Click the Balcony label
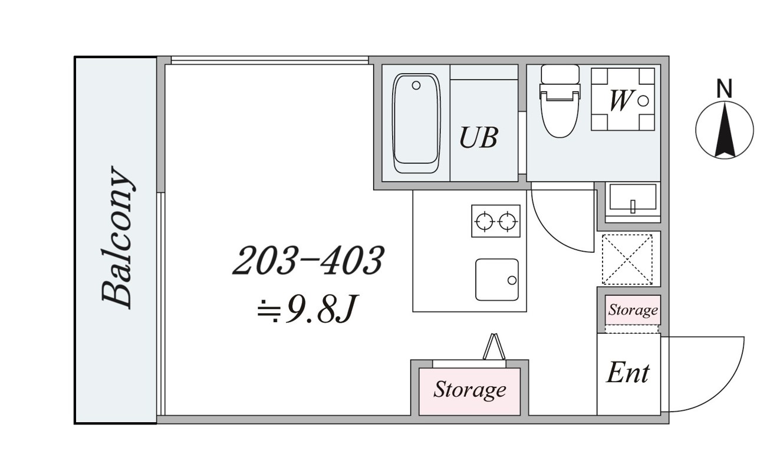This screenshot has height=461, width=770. point(116,237)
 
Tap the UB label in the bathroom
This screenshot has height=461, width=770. point(479,137)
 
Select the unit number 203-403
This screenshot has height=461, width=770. point(308,261)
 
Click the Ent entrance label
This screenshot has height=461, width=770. point(628,373)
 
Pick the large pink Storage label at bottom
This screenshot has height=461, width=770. point(469,390)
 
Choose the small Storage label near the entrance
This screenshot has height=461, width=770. point(633,310)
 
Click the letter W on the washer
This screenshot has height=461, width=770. point(620,100)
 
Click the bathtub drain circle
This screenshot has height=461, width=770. point(416,85)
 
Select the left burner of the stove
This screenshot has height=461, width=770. point(485,221)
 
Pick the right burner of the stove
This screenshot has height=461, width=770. point(508,221)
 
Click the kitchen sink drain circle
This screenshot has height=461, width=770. point(512,280)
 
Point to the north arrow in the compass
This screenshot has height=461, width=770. point(725,131)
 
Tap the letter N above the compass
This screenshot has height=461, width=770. point(724,88)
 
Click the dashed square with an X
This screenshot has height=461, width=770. point(627,260)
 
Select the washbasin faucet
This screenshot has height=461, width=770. point(633,206)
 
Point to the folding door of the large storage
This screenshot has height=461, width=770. point(494,346)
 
